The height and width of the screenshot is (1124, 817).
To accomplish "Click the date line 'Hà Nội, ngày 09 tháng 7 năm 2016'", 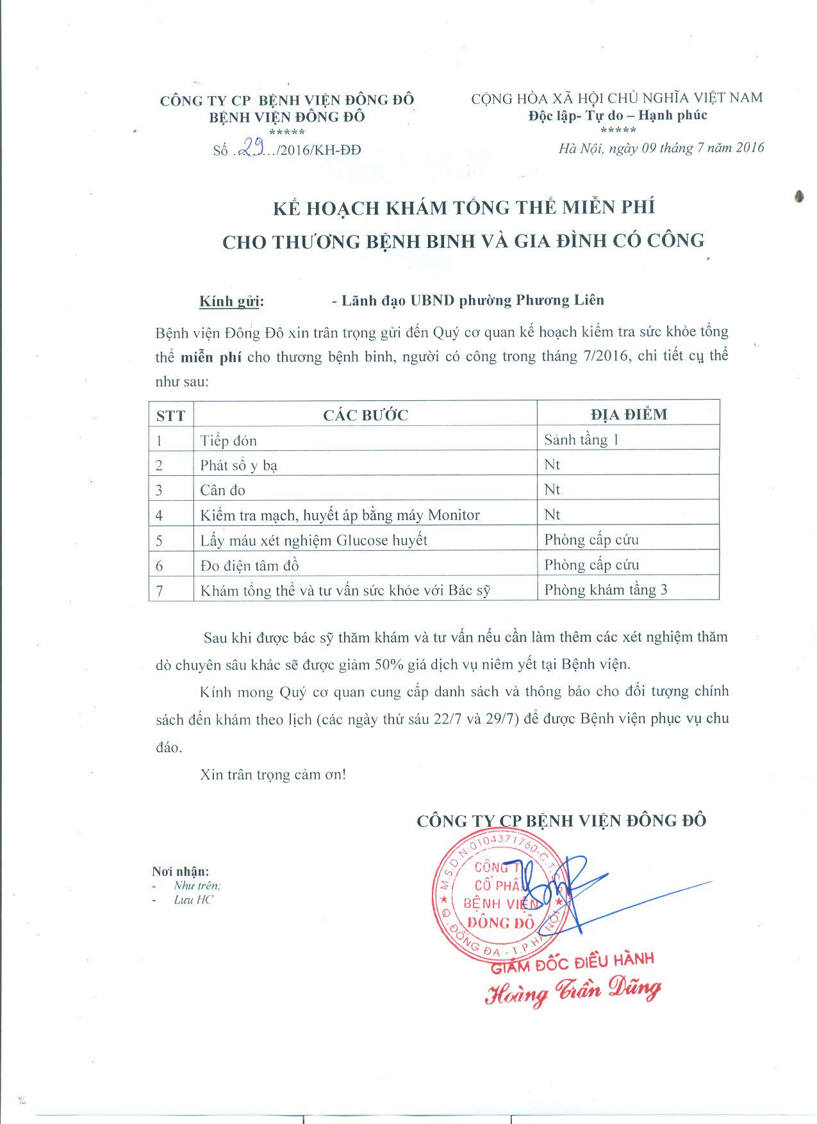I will [x=661, y=148].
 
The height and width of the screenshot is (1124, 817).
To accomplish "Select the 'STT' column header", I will [x=170, y=416].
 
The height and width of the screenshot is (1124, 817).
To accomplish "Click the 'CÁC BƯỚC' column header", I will [x=365, y=415].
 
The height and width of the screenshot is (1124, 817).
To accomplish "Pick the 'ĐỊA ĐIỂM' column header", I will [x=629, y=414].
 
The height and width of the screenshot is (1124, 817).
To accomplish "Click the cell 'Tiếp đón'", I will [x=228, y=441].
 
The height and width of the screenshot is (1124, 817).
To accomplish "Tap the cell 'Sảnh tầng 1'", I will [x=581, y=440].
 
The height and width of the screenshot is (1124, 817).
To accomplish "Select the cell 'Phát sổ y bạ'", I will [x=238, y=466].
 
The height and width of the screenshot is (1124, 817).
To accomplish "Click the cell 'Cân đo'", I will [x=222, y=491].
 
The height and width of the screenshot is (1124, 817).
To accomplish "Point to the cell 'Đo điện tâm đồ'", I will [x=249, y=566].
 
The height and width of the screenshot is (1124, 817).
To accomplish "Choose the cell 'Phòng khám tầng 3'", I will [x=606, y=590].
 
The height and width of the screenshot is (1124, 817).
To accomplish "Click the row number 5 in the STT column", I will [x=159, y=541].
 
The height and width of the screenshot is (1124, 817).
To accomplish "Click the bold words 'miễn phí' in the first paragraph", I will [x=211, y=357].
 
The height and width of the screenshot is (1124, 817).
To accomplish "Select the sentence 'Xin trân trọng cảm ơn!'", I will [x=273, y=774].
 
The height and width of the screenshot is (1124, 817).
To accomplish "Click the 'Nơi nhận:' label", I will [x=180, y=871].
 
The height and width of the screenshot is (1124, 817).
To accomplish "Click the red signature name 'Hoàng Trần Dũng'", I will [x=572, y=991].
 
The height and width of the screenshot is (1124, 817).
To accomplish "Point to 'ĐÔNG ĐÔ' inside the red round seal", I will [x=500, y=923].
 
